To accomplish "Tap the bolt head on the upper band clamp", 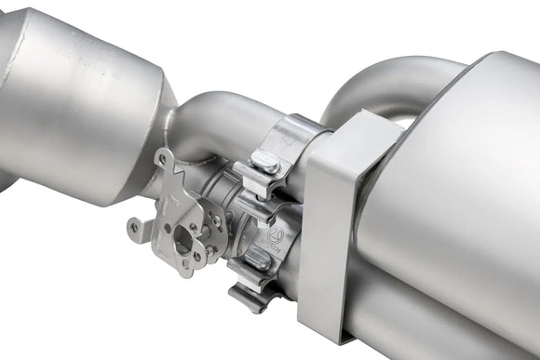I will (266, 166).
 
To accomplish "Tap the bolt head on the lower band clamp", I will (258, 260).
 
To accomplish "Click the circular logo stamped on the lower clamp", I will (276, 234).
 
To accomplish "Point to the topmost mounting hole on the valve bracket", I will (164, 159).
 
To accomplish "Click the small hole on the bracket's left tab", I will (136, 226).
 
